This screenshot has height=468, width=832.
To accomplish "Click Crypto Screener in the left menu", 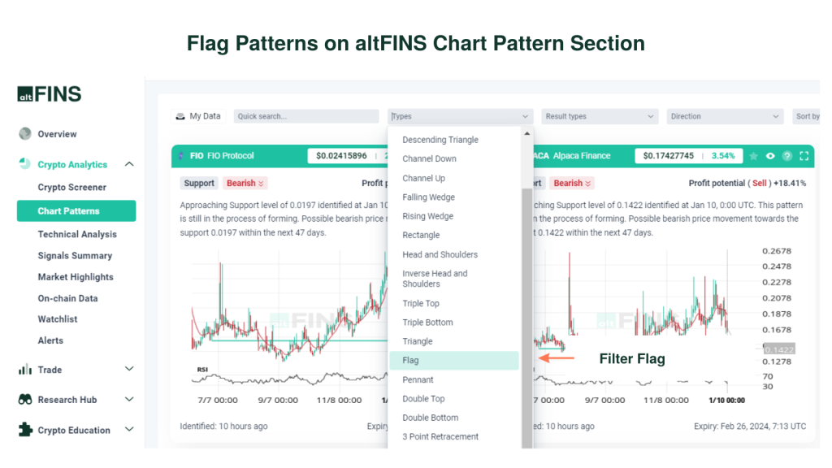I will tap(71, 188).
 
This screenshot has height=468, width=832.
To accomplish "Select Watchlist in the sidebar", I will tap(58, 319).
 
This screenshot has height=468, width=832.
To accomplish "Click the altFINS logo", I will tap(50, 93).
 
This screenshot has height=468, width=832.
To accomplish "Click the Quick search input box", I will tap(305, 116).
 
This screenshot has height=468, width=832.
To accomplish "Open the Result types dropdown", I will tap(599, 116).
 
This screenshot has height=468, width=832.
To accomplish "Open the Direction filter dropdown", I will tap(724, 116).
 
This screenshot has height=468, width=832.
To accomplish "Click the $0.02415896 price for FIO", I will tap(341, 156).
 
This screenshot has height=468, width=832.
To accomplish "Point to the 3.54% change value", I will tap(722, 156).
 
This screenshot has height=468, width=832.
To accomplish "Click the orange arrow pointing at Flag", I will tap(557, 357).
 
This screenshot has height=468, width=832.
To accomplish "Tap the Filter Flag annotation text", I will tap(631, 358).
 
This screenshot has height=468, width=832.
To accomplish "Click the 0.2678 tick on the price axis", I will tap(777, 251).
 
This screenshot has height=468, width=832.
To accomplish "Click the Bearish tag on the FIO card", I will tap(245, 184).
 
